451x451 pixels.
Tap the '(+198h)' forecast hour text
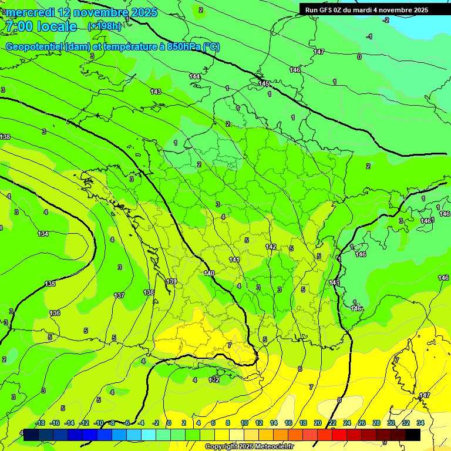point(104,26)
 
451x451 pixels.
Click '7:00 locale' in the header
point(41,26)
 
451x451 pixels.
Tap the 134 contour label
point(43,234)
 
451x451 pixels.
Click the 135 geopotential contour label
point(51,284)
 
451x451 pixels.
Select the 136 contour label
point(55,313)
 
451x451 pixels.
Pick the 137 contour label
point(119,295)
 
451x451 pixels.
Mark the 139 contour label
point(171,282)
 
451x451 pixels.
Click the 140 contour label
point(209,273)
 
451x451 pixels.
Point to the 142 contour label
point(271,247)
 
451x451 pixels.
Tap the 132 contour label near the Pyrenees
point(214,380)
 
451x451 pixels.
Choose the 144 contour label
point(194,77)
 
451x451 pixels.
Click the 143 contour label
point(156,92)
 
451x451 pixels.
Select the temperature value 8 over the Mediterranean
point(339,400)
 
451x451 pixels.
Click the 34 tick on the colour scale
point(420,423)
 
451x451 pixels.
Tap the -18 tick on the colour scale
point(41,423)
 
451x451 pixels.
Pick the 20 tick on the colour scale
point(318,423)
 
